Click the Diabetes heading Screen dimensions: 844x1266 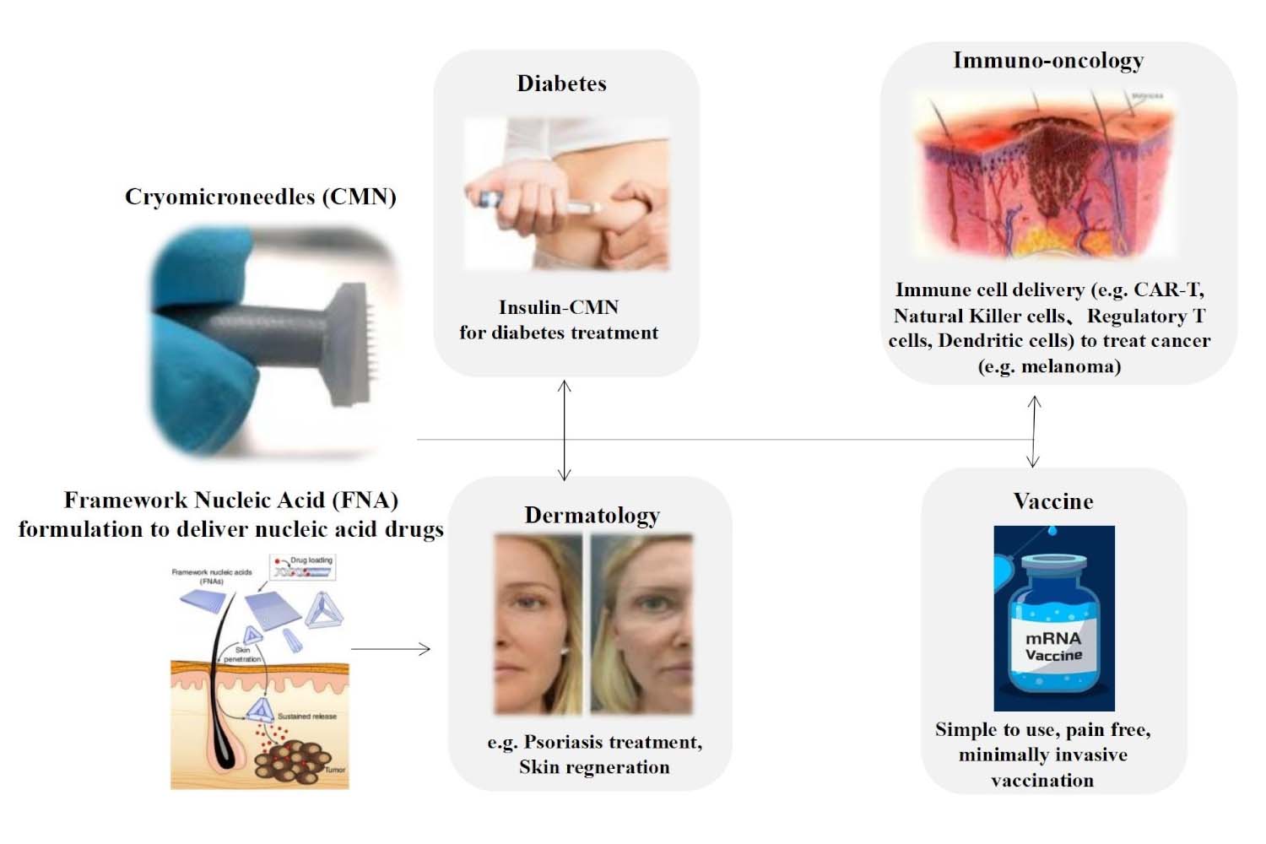561,84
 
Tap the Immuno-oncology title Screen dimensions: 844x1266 1048,61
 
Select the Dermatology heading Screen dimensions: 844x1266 592,515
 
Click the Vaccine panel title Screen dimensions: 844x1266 1053,501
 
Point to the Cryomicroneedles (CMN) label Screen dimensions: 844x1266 260,197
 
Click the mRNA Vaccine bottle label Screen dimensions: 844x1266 1053,647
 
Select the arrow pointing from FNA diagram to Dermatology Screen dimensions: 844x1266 391,649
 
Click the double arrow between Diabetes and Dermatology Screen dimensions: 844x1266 565,430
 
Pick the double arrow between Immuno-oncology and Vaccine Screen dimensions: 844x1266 1034,431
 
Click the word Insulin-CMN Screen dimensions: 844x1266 559,307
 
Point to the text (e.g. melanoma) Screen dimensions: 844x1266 1049,366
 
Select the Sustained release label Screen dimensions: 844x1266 307,716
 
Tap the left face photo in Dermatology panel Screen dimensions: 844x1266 538,625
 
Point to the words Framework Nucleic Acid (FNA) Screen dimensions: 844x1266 230,500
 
